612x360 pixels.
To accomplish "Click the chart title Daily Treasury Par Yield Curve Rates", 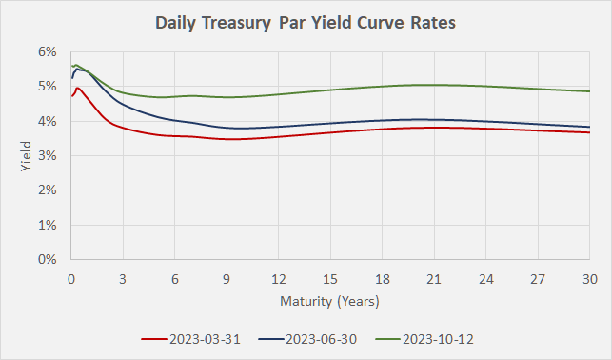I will [x=306, y=22].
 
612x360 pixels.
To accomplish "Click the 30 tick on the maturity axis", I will [x=589, y=279].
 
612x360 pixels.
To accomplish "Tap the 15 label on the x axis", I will [x=329, y=279].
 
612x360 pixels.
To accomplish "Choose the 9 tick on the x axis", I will [x=227, y=279].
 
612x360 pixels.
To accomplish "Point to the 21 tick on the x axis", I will [x=433, y=279].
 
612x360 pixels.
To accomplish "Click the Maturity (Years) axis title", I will [x=329, y=302].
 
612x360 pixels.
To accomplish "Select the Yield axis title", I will [x=25, y=156].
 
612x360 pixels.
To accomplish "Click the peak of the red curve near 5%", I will [x=77, y=89].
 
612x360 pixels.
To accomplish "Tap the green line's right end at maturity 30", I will [x=589, y=91].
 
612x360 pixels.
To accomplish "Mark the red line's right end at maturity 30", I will [x=589, y=132].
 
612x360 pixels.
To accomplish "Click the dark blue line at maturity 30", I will [x=589, y=127].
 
